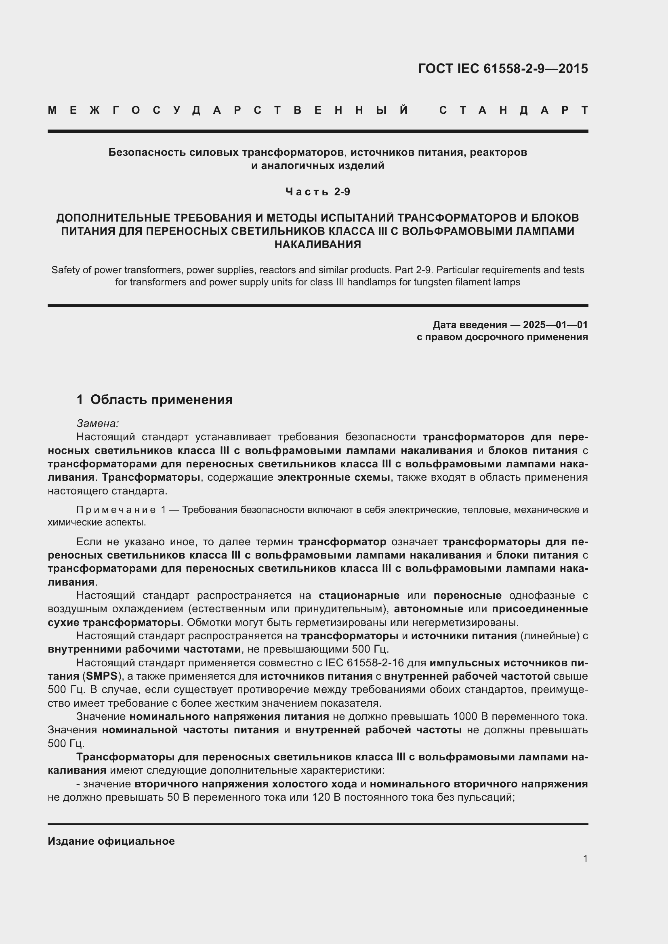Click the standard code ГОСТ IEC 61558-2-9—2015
503,69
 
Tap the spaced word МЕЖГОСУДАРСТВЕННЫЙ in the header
228,110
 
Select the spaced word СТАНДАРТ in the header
514,110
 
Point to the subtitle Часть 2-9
317,192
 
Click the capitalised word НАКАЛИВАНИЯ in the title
317,245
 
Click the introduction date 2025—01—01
555,325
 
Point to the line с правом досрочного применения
502,337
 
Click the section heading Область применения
161,400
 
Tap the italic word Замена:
97,423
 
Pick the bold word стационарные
359,595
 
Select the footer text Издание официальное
111,841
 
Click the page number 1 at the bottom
585,858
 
